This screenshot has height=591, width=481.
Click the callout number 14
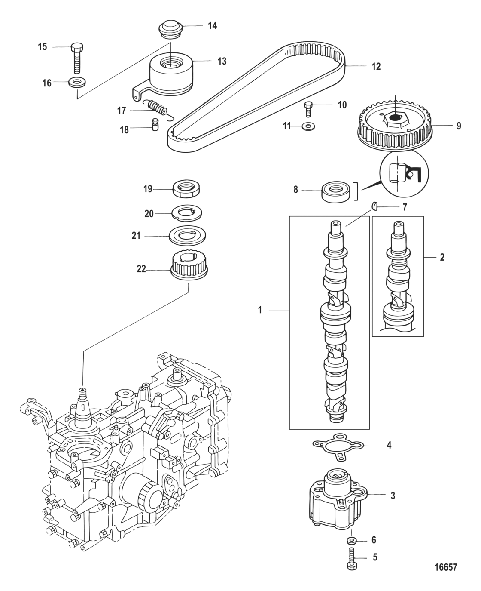click(x=212, y=26)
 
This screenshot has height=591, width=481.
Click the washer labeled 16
click(x=76, y=82)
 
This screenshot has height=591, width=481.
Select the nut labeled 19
click(x=188, y=189)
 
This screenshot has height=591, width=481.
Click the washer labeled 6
click(x=351, y=540)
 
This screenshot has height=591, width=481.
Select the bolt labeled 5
click(x=352, y=559)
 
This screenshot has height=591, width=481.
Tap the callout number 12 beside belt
click(x=376, y=67)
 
